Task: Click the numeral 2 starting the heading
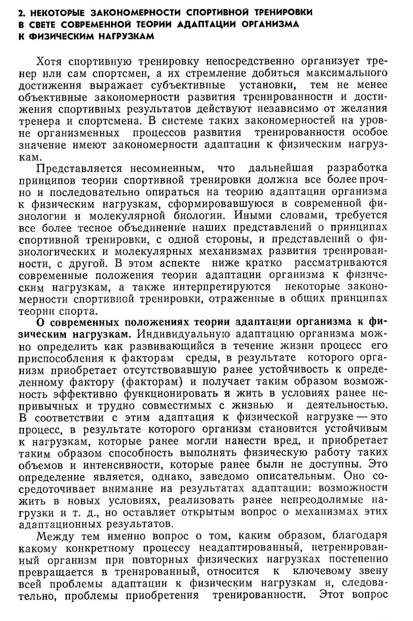tap(21, 13)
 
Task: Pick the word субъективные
tap(188, 85)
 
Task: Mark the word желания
tap(364, 109)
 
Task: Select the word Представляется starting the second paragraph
tap(79, 169)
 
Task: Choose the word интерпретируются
tap(222, 287)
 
